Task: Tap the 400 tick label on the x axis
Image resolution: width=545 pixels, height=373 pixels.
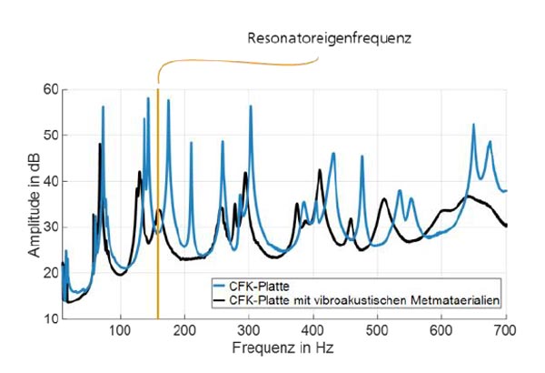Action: click(313, 330)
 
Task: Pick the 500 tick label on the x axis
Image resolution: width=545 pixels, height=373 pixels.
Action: click(377, 330)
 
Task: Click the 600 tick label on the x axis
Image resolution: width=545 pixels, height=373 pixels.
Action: click(441, 330)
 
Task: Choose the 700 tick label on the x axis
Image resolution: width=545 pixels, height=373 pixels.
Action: click(505, 330)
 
